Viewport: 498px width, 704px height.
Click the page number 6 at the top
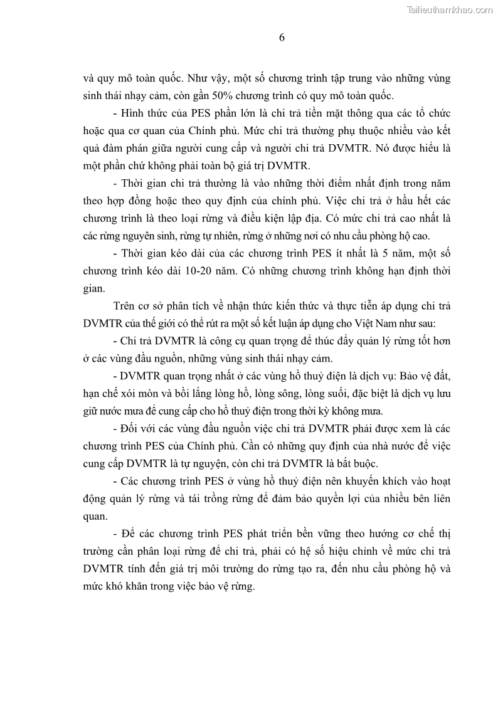click(x=282, y=38)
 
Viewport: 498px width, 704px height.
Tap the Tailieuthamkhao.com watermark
click(x=450, y=9)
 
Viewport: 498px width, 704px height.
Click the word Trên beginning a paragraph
click(x=125, y=307)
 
